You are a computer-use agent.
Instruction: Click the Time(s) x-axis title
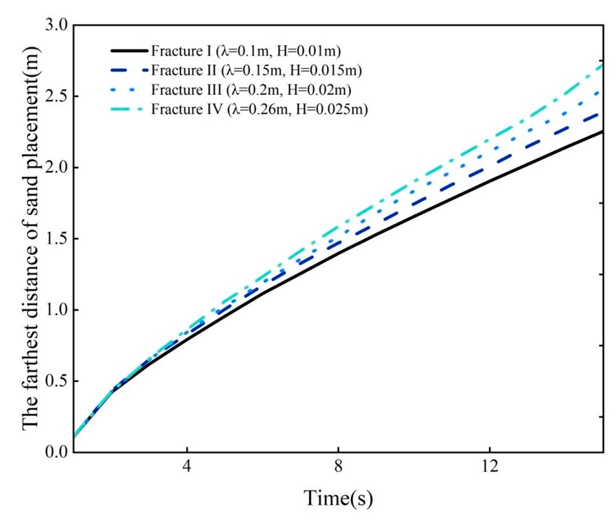click(x=338, y=498)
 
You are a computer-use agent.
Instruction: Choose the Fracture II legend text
click(x=256, y=70)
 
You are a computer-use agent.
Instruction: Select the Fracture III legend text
click(x=251, y=90)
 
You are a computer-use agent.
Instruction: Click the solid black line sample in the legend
click(x=129, y=51)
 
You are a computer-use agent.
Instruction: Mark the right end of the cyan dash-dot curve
click(x=602, y=64)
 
